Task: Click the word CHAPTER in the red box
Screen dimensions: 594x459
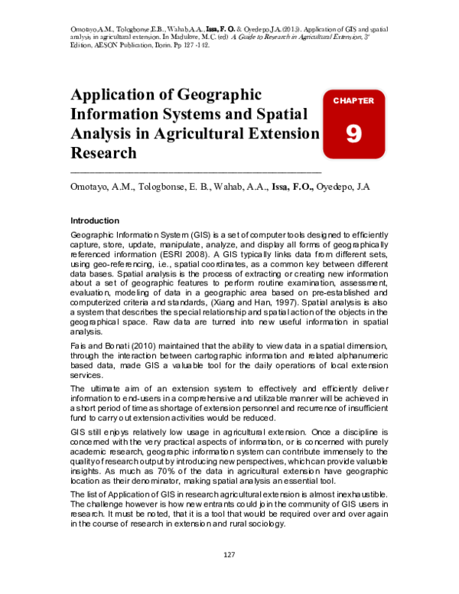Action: [x=353, y=100]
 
